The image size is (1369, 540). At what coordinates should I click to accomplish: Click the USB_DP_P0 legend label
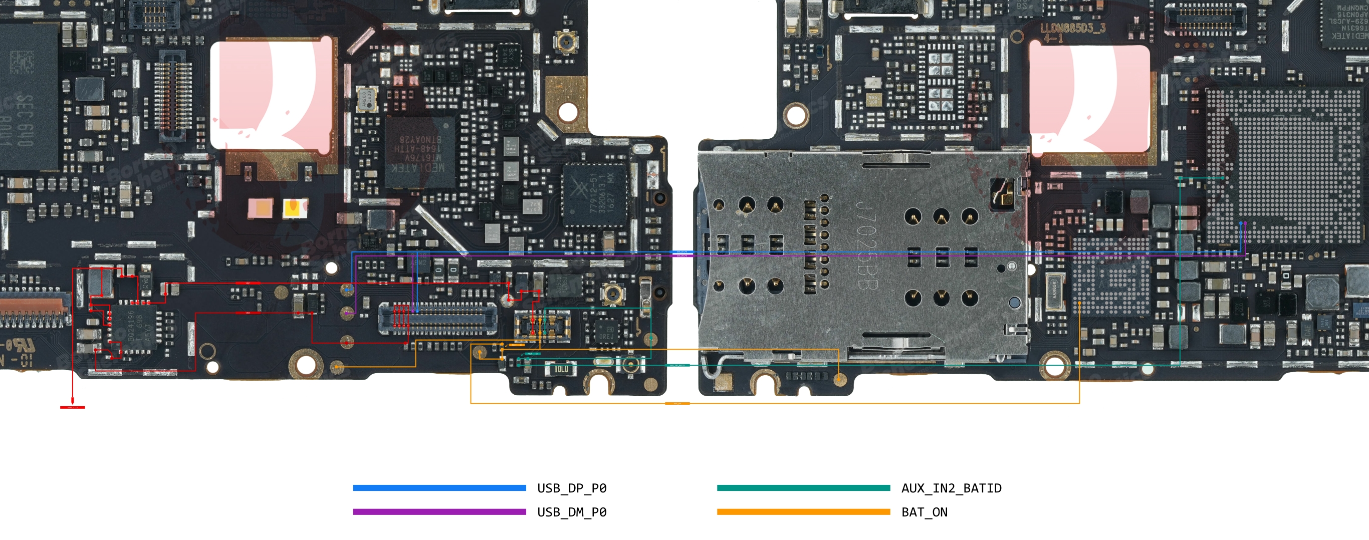pos(571,488)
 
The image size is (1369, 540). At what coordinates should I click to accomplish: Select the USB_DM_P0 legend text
pos(571,512)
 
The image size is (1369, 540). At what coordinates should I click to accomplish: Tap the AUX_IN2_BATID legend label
pos(951,488)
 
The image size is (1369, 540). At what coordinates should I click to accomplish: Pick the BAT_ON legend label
pos(924,512)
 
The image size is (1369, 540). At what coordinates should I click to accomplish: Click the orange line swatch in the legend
pos(803,512)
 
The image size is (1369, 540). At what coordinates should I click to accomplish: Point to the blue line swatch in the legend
pos(439,488)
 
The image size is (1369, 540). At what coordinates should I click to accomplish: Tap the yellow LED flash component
pos(295,208)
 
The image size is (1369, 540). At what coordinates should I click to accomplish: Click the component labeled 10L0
pos(561,369)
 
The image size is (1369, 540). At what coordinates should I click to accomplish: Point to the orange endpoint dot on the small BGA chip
pos(1079,304)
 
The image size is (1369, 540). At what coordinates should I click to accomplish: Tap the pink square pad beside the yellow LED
pos(260,208)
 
